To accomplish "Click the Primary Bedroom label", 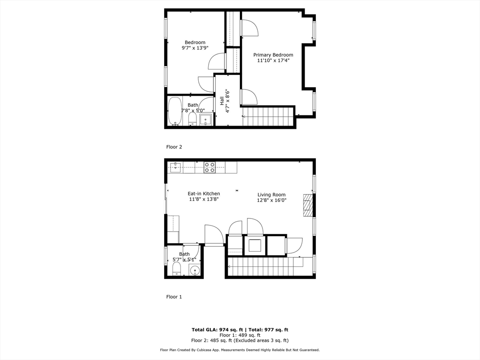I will point(273,55).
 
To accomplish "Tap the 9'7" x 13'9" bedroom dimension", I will point(195,48).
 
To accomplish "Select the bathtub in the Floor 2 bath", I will point(175,111).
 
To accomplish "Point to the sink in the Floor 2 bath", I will point(205,120).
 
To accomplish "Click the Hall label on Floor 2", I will point(222,101).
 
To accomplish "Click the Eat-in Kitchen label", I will point(203,194).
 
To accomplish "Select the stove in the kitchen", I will point(210,167).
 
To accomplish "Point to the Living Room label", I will point(271,195).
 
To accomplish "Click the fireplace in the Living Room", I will point(307,205).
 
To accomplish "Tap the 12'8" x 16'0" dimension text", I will point(271,201).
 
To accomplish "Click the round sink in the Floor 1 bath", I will point(195,270).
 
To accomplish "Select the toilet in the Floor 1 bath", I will point(176,269).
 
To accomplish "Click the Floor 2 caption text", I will point(174,147).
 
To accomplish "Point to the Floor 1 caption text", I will point(174,297).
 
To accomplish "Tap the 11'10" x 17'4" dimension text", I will point(273,60).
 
